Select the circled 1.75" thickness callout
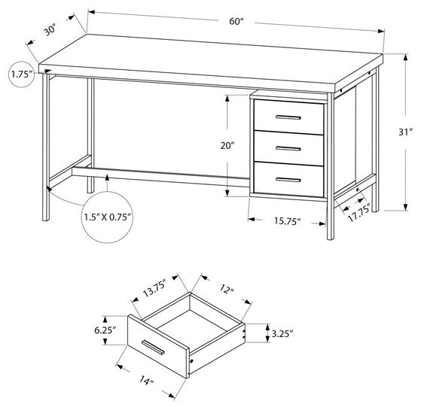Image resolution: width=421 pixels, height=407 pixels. click(21, 74)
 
